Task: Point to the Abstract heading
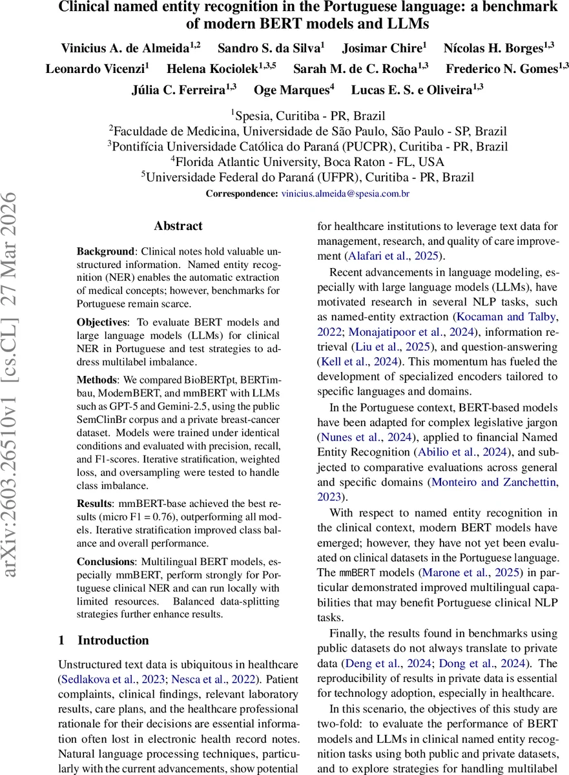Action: tap(178, 226)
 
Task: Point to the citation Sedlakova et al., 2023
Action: tap(110, 679)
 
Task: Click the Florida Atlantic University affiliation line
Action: tap(307, 162)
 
